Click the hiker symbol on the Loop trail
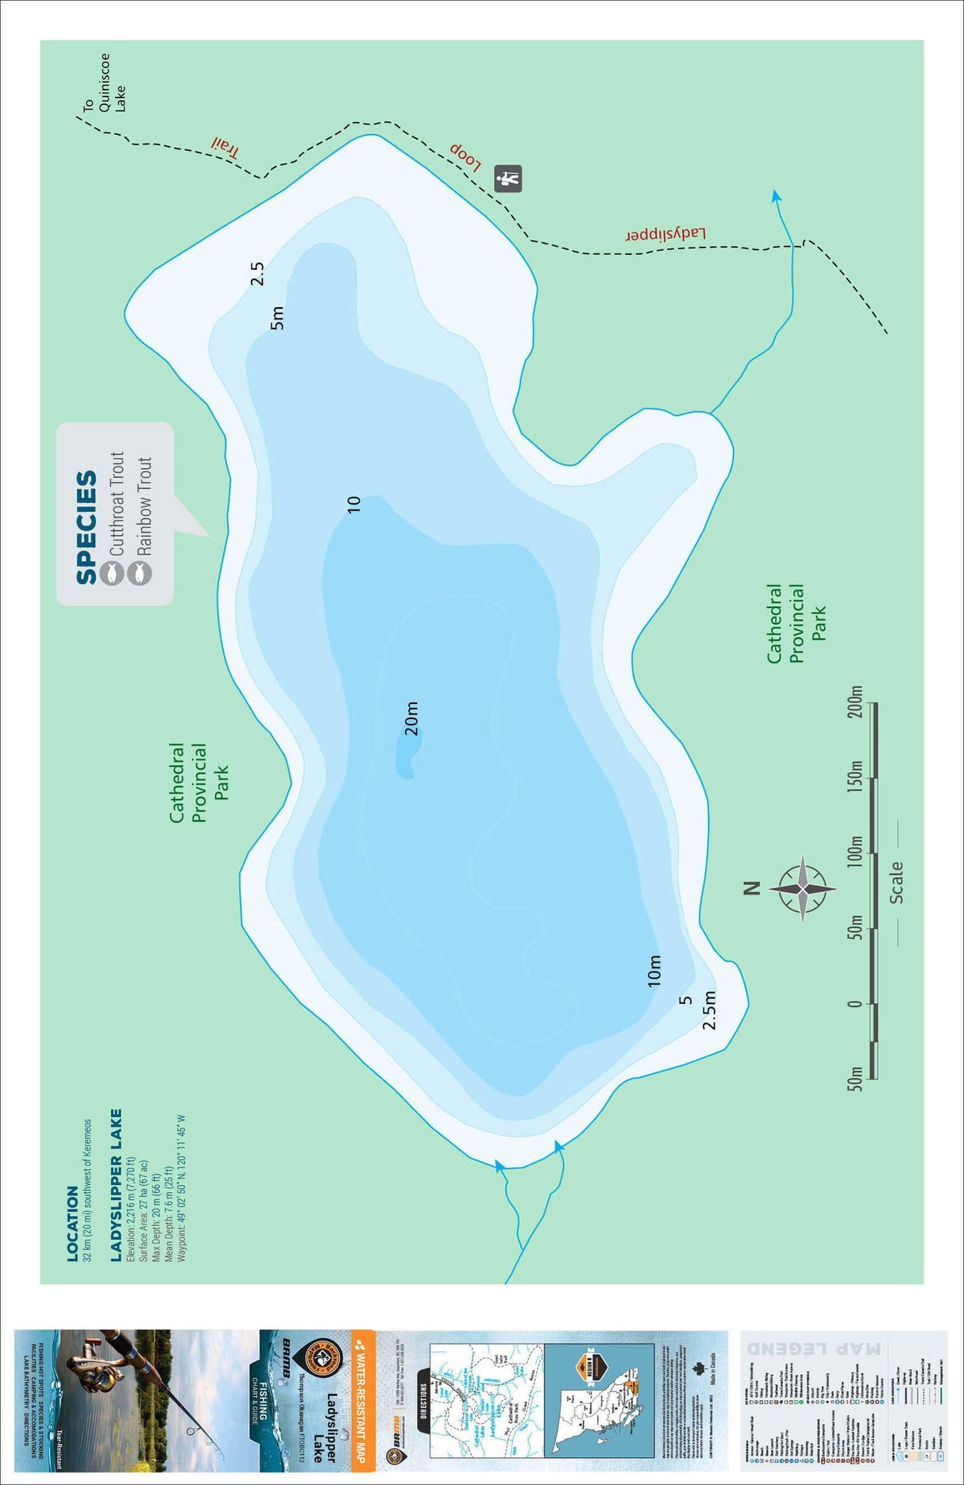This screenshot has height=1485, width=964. (x=508, y=178)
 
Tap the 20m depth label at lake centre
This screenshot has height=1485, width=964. (x=411, y=718)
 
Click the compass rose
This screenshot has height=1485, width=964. (x=803, y=888)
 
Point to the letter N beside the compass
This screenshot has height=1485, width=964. (x=752, y=888)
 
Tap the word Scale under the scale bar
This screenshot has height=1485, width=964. (x=897, y=883)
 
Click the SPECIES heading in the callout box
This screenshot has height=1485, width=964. (x=87, y=528)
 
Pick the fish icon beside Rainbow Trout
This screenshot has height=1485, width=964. (x=140, y=572)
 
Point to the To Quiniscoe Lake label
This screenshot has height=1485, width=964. (x=105, y=83)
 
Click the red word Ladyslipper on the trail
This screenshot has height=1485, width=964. (x=665, y=235)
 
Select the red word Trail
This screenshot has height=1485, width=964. (x=225, y=147)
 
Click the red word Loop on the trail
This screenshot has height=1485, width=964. (x=465, y=156)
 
